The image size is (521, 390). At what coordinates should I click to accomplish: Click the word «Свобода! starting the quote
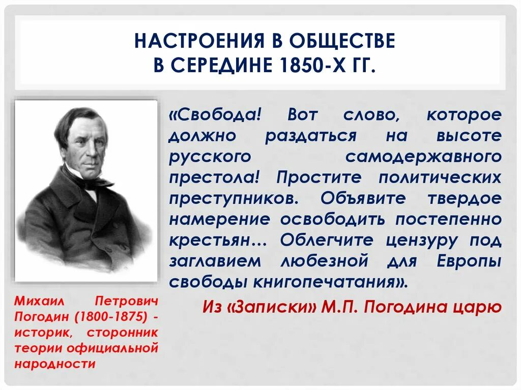tap(215, 115)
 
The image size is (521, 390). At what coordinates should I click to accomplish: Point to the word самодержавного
tap(423, 157)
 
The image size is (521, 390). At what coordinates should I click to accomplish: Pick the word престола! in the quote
tap(216, 177)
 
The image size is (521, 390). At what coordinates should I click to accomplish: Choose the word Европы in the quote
tap(469, 261)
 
